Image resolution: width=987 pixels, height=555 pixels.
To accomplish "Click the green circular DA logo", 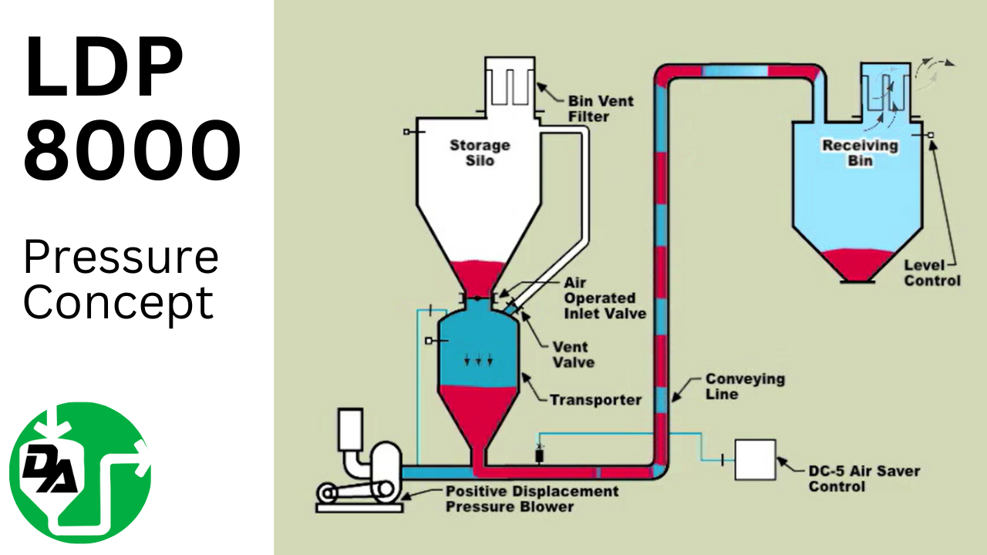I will (80, 473).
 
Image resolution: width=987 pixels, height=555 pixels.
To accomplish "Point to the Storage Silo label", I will (480, 153).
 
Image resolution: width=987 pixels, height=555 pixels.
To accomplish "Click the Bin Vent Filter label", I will (599, 109).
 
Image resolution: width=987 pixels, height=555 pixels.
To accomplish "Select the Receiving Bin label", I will (860, 153).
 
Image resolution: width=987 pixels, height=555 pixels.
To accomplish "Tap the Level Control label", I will (932, 272).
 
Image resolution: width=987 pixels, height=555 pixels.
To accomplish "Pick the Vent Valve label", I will (574, 354).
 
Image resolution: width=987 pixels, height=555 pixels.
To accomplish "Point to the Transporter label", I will (595, 400).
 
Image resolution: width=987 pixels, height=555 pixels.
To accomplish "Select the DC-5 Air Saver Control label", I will (864, 479).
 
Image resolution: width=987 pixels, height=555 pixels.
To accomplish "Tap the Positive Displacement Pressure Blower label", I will (531, 499).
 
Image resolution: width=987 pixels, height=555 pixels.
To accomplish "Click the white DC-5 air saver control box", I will (755, 459).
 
